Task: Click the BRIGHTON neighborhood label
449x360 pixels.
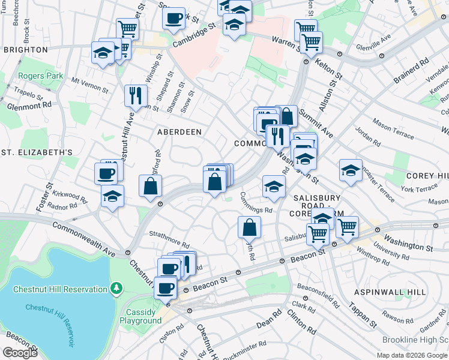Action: (x=25, y=50)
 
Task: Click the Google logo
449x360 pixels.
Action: (x=19, y=353)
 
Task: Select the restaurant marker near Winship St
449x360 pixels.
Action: (x=136, y=95)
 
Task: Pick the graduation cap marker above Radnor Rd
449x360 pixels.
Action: (x=112, y=196)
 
